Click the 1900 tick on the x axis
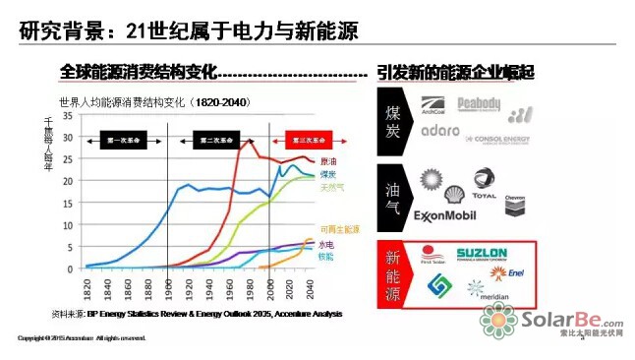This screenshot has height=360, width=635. [170, 289]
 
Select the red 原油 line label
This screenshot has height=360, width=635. [327, 161]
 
